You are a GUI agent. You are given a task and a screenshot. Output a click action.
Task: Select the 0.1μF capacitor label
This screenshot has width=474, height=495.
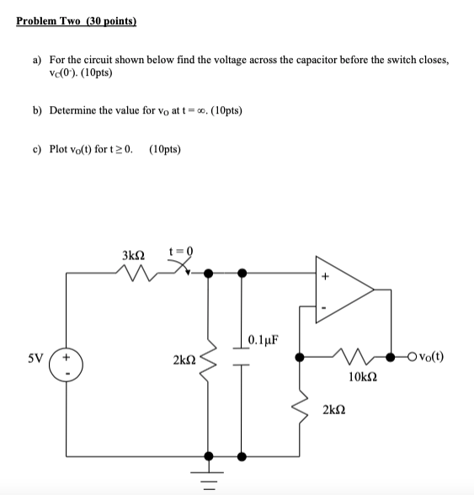pyautogui.click(x=264, y=341)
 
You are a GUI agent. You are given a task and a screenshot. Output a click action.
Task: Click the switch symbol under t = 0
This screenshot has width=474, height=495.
pyautogui.click(x=183, y=269)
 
